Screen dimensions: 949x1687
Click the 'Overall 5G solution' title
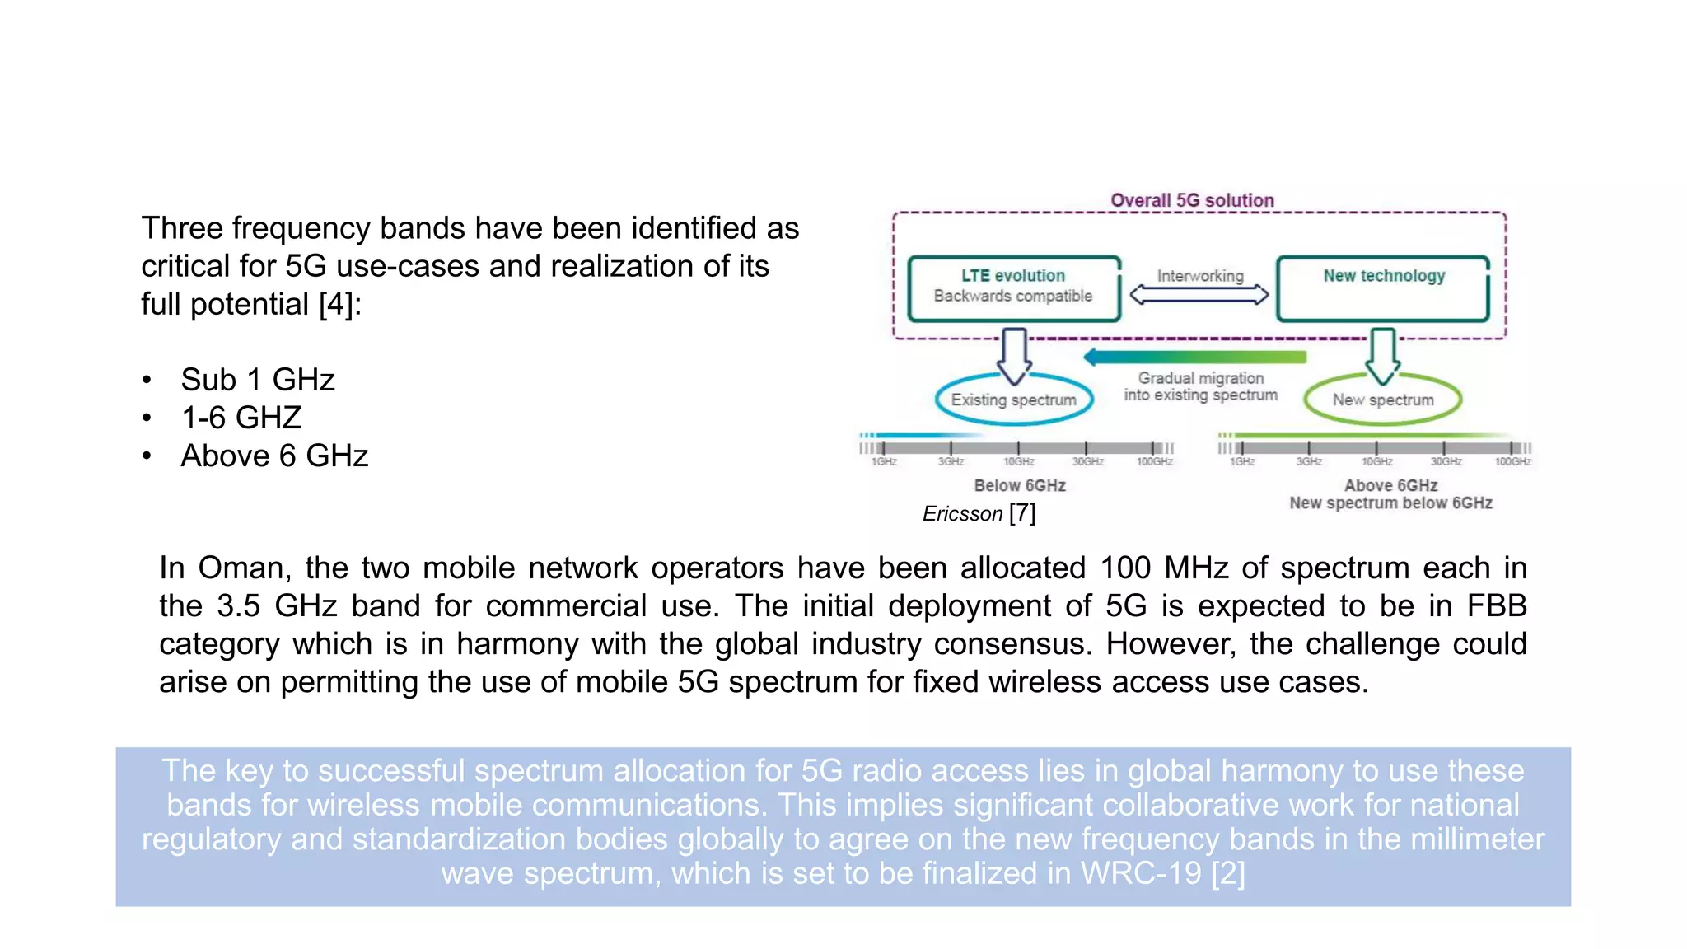pos(1191,200)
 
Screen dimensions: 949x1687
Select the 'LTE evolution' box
pos(1013,288)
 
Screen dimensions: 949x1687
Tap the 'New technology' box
pos(1383,288)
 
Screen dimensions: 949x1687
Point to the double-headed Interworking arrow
pos(1199,295)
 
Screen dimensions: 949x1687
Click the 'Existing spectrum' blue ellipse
pos(1013,400)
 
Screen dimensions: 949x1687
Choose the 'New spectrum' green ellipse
pos(1382,400)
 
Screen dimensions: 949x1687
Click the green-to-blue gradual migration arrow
pos(1194,357)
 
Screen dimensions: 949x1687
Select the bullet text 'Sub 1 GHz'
pos(258,380)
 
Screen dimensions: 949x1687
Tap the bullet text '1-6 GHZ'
pos(241,418)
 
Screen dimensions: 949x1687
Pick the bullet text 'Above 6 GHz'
pos(274,456)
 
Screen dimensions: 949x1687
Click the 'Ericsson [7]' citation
pos(979,513)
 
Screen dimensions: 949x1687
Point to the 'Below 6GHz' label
pos(1020,485)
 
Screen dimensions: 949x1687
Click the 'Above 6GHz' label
pos(1390,485)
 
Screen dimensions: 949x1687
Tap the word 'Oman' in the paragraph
pos(241,568)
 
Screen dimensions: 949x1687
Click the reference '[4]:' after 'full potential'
pos(339,305)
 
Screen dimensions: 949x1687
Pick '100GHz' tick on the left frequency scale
pos(1154,461)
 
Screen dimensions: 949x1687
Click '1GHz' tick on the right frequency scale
pos(1242,461)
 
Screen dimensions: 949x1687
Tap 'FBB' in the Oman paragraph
pos(1497,606)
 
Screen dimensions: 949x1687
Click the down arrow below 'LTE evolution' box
pos(1015,355)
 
